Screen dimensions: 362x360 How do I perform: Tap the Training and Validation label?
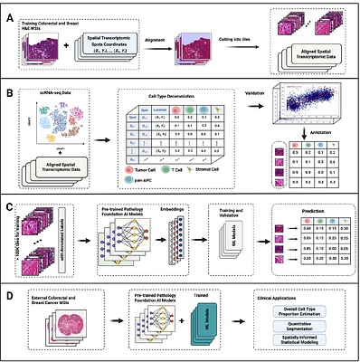pos(227,233)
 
